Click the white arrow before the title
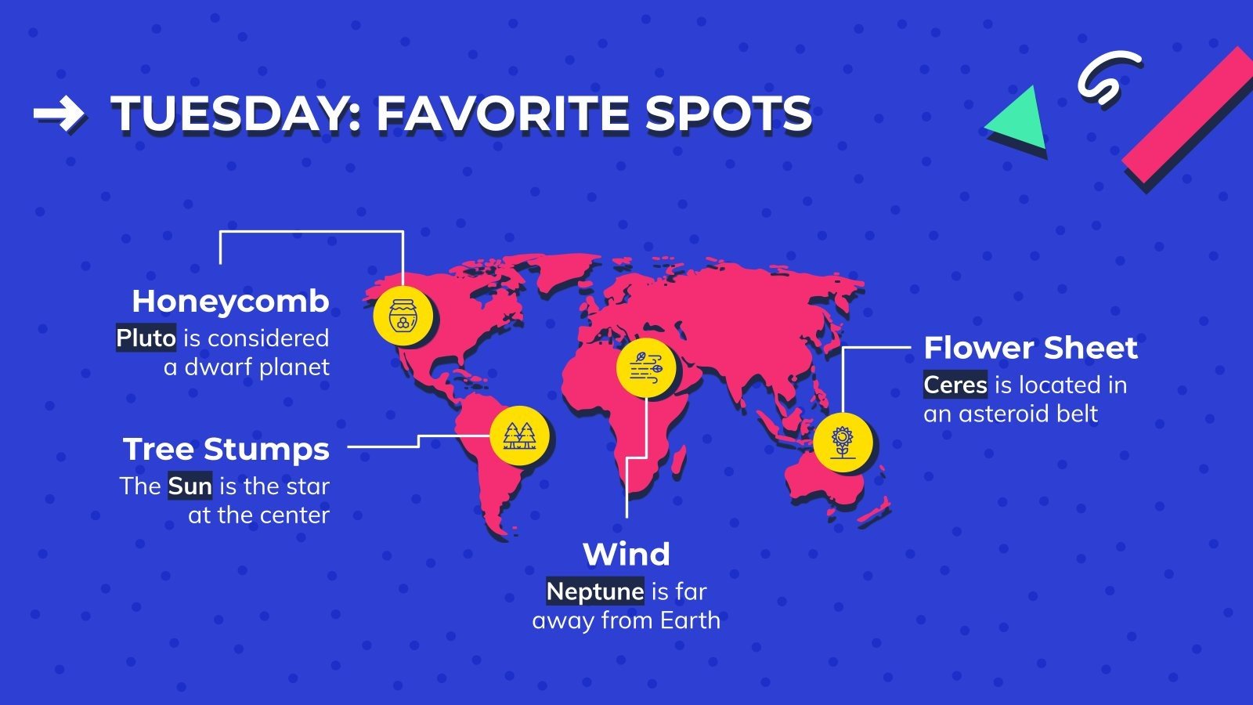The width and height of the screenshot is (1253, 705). [58, 114]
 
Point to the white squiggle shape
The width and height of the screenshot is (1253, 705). [1107, 77]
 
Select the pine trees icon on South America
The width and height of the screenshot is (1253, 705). [520, 436]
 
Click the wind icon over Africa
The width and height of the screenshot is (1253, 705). [646, 367]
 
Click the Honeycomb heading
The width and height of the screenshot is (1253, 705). [230, 302]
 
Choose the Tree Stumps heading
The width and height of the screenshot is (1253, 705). [226, 450]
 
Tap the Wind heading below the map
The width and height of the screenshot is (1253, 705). [626, 555]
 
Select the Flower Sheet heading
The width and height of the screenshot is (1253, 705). [1031, 348]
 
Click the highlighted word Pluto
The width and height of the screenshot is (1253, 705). [146, 338]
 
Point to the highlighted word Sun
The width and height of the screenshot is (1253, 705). [190, 486]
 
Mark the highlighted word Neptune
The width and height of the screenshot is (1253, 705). [595, 591]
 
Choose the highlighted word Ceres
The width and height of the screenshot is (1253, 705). [955, 385]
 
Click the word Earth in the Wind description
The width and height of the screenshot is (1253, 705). [690, 620]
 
